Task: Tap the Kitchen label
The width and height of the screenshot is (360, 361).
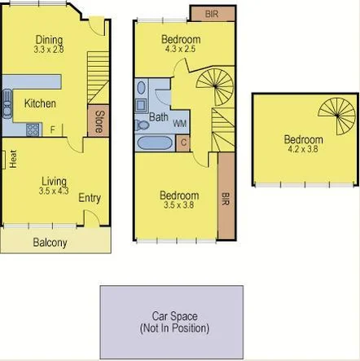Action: pos(39,103)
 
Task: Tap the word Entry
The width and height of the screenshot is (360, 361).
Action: pos(90,198)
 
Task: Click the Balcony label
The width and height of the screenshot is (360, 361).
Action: pos(50,243)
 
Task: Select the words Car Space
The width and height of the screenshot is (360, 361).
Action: pos(174,316)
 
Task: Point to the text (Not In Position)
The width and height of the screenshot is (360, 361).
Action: pos(174,328)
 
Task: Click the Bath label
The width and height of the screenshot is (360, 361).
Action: pos(158,117)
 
